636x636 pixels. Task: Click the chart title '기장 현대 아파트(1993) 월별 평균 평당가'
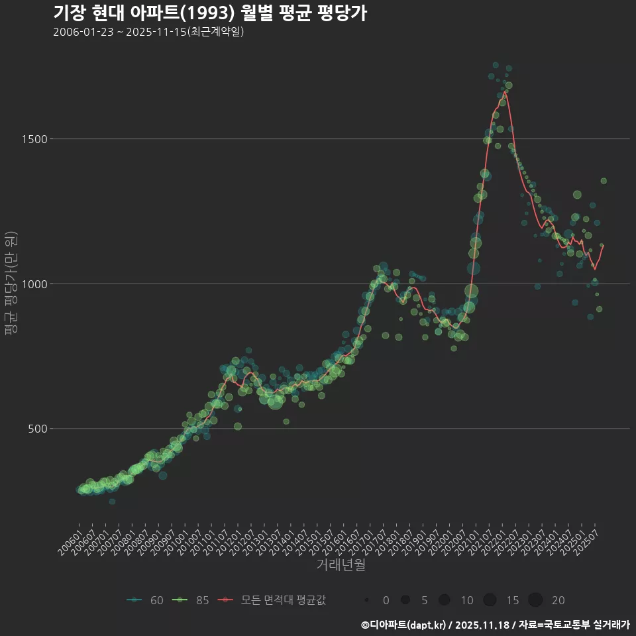pyautogui.click(x=209, y=13)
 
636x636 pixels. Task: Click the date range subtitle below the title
pyautogui.click(x=148, y=32)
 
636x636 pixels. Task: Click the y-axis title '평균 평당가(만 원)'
pyautogui.click(x=11, y=285)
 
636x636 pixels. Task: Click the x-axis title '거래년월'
pyautogui.click(x=341, y=564)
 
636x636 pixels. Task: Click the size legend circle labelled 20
pyautogui.click(x=535, y=600)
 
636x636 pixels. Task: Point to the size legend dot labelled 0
pyautogui.click(x=366, y=600)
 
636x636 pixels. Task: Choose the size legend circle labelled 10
pyautogui.click(x=445, y=600)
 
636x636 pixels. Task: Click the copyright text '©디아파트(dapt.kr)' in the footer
pyautogui.click(x=403, y=625)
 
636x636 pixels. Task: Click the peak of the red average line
pyautogui.click(x=505, y=91)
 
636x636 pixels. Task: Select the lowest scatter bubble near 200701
pyautogui.click(x=112, y=502)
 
